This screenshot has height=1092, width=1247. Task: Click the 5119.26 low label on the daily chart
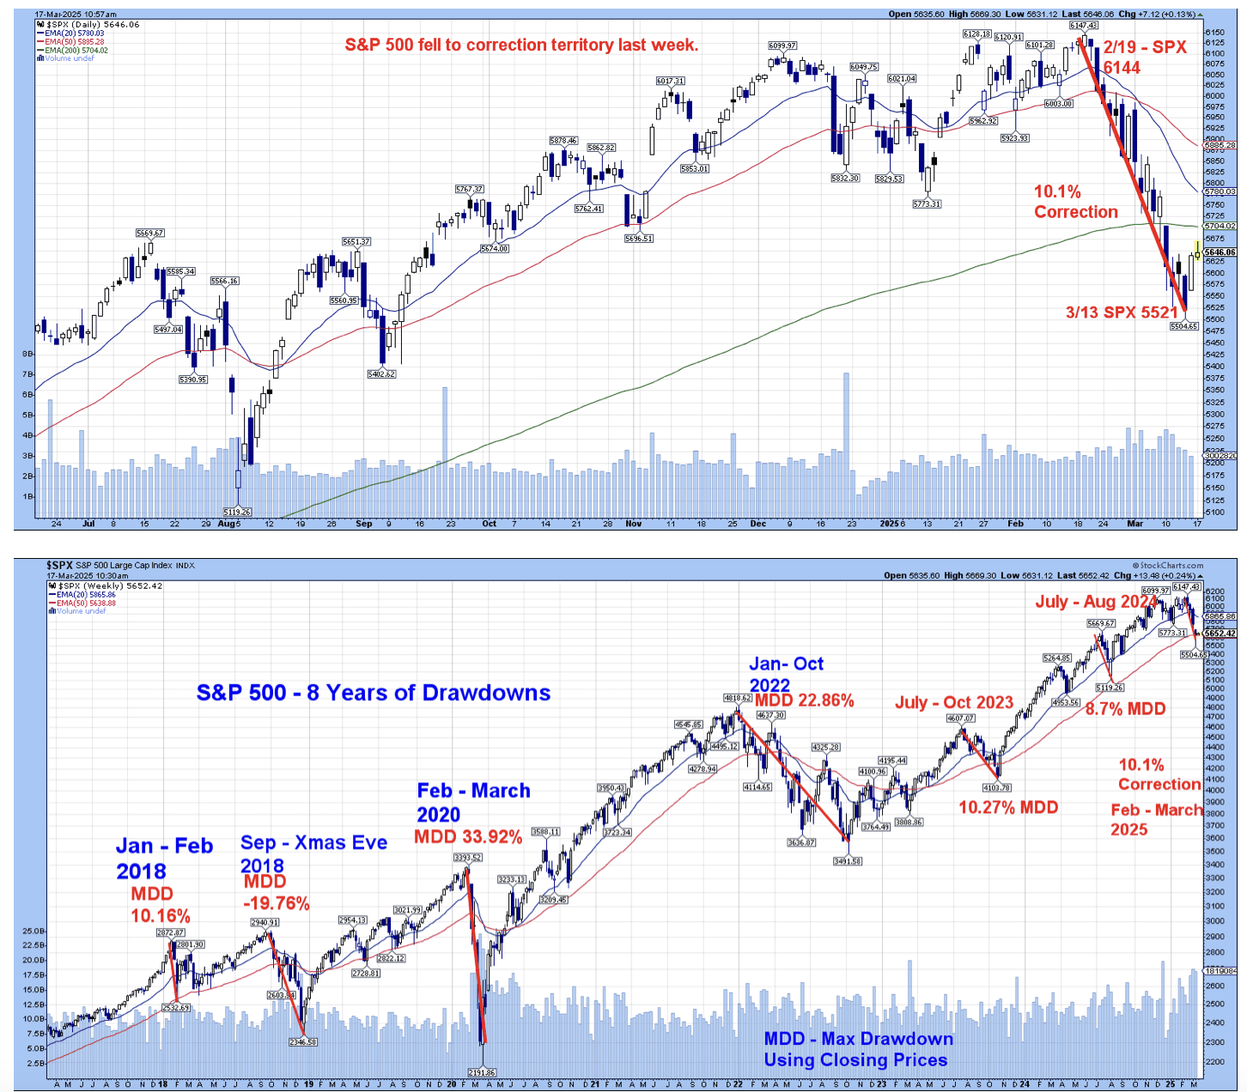point(236,512)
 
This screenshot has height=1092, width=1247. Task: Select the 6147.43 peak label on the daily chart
point(1083,26)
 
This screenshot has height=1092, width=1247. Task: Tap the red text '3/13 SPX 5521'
point(1122,312)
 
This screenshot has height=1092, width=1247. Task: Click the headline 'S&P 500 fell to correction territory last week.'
point(521,45)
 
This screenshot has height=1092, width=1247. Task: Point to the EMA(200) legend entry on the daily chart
point(76,51)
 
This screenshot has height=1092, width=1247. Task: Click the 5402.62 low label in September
point(381,374)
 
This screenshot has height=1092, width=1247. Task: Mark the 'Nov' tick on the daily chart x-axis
point(634,523)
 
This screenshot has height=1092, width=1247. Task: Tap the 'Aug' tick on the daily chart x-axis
point(227,523)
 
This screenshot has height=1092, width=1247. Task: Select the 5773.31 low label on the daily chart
point(927,204)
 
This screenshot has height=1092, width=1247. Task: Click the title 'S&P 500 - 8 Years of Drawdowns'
point(374,693)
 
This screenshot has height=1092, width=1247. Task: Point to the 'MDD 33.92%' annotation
point(468,837)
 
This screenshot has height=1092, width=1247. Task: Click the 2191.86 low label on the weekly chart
point(482,1072)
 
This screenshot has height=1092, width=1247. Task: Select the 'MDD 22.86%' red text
point(805,701)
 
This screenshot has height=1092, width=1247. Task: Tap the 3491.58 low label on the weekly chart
point(847,861)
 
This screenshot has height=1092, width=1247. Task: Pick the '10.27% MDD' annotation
point(1008,807)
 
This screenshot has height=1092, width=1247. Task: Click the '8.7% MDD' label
point(1125,709)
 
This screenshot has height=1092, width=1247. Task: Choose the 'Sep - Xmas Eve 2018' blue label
point(313,853)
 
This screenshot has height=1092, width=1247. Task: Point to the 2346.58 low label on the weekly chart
point(303,1041)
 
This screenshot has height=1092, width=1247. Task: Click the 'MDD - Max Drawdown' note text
point(858,1039)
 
